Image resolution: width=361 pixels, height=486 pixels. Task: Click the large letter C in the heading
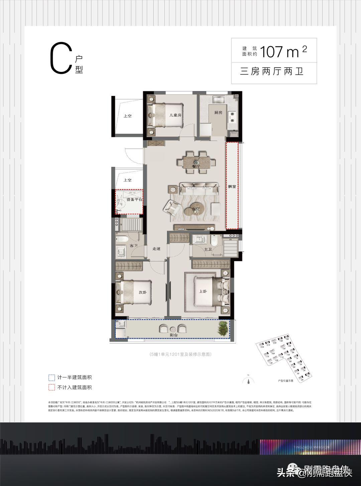tap(61, 59)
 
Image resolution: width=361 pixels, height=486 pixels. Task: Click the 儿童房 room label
tap(175, 115)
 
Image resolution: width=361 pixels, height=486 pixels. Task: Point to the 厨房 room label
tap(218, 113)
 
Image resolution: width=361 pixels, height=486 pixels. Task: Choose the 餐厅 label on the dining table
tap(196, 166)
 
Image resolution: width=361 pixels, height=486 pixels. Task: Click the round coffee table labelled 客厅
tap(196, 210)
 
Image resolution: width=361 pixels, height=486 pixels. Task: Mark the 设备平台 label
tap(134, 200)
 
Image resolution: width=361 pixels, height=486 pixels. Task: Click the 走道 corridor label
tap(156, 249)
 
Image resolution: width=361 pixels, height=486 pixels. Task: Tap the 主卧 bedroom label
tap(203, 291)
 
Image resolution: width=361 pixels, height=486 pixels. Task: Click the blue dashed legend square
tap(51, 378)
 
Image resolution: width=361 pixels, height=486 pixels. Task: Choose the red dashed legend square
tap(51, 387)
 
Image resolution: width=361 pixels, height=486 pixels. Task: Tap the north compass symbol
tap(248, 380)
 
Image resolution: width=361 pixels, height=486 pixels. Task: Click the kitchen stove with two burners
tap(232, 115)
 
